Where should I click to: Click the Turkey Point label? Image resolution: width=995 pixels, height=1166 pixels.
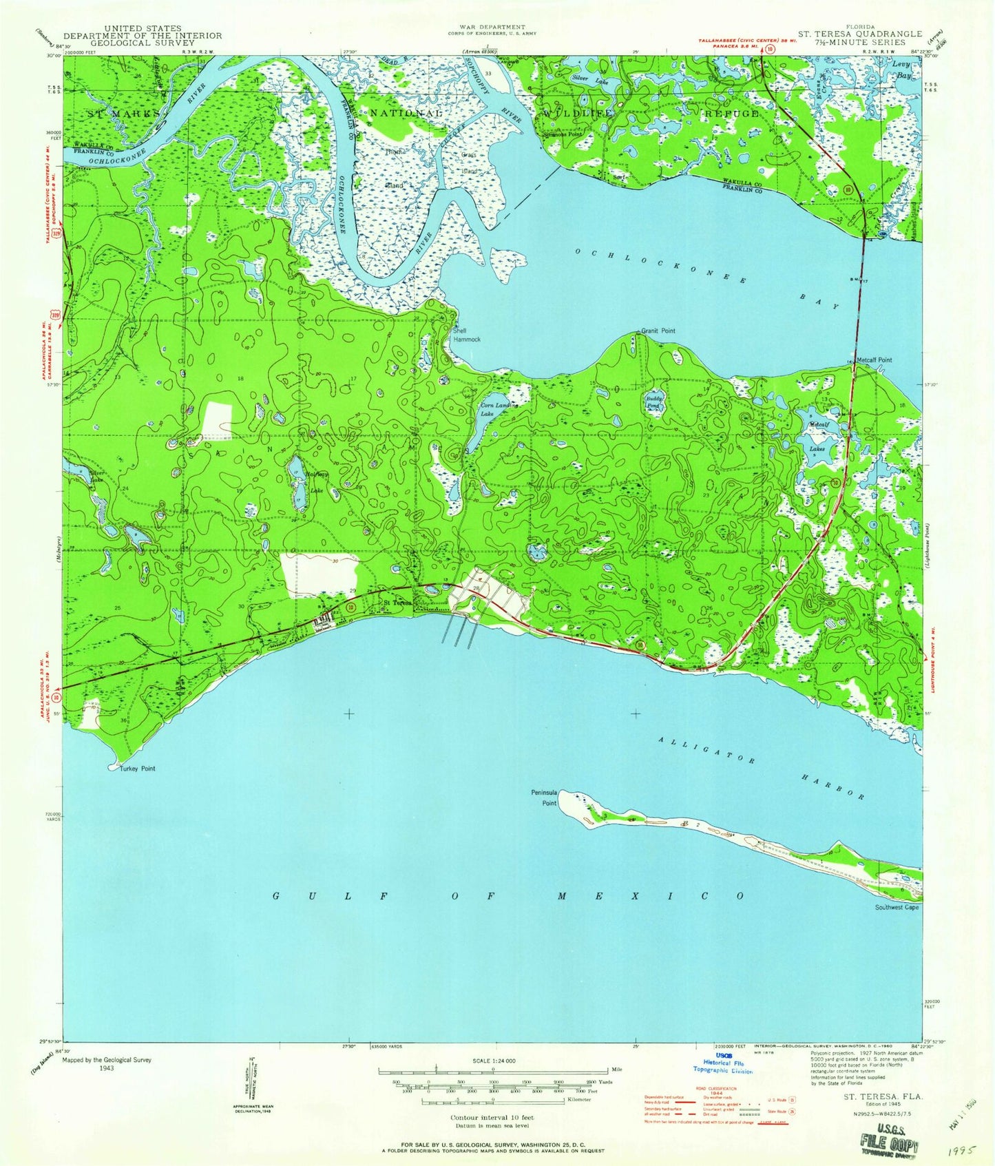pyautogui.click(x=140, y=769)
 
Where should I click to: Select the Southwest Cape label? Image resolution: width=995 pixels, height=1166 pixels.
pyautogui.click(x=897, y=907)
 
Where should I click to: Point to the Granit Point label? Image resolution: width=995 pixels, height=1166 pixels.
pyautogui.click(x=659, y=331)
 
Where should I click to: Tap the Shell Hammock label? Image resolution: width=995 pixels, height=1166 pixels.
pyautogui.click(x=466, y=335)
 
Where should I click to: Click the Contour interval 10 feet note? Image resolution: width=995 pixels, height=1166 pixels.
pyautogui.click(x=492, y=1117)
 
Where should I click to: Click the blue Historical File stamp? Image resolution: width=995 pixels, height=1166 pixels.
pyautogui.click(x=723, y=1063)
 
